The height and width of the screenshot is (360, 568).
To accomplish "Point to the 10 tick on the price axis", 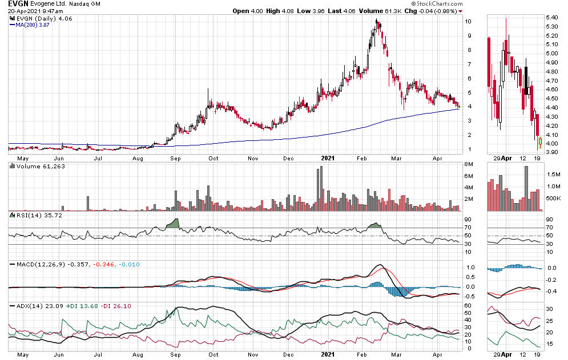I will pyautogui.click(x=468, y=22).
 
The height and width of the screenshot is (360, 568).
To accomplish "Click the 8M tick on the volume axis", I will pyautogui.click(x=469, y=164).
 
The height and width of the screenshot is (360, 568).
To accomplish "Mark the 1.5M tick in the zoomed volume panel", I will pyautogui.click(x=553, y=174).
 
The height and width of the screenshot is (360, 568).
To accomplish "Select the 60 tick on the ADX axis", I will pyautogui.click(x=468, y=306).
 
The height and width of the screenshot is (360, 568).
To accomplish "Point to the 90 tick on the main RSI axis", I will pyautogui.click(x=468, y=219).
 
